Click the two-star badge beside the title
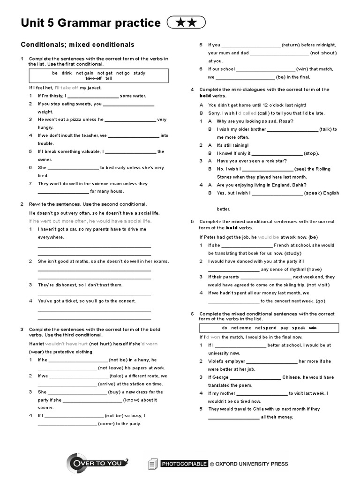pos(186,22)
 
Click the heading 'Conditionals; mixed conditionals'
pos(77,45)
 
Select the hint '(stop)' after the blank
pos(311,153)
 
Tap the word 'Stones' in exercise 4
pos(225,177)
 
